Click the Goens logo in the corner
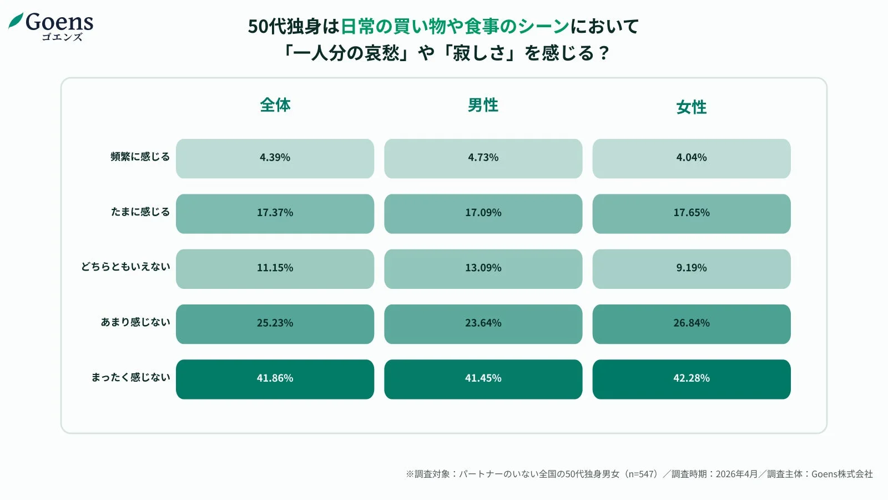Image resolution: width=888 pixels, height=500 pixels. coord(51,26)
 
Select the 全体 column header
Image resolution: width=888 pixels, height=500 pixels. coord(275,105)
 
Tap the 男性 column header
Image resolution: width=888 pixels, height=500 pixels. coord(483,105)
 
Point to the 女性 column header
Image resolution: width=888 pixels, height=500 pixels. coord(692,107)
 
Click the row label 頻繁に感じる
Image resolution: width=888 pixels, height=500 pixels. coord(140,157)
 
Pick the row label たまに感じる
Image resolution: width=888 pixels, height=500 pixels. coord(140,212)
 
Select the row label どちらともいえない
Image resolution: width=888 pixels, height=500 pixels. coord(125,267)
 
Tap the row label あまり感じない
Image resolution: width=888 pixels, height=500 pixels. coord(135,322)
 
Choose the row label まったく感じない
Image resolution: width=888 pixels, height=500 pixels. coord(130,377)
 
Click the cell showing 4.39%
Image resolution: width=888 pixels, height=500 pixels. coord(275,158)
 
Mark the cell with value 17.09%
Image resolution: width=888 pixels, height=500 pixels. coord(483,213)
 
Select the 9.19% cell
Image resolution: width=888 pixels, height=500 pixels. coord(692,268)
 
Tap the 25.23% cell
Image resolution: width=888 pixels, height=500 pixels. coord(275,324)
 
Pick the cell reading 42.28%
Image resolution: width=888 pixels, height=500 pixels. coord(692,379)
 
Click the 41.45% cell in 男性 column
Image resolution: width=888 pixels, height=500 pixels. coord(483,379)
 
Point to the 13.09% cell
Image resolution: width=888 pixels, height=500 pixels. coord(483,268)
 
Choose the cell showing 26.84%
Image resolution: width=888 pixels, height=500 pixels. coord(692,324)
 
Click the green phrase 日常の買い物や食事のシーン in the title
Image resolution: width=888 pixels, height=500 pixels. coord(455,26)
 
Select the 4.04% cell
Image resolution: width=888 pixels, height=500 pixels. coord(692,158)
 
